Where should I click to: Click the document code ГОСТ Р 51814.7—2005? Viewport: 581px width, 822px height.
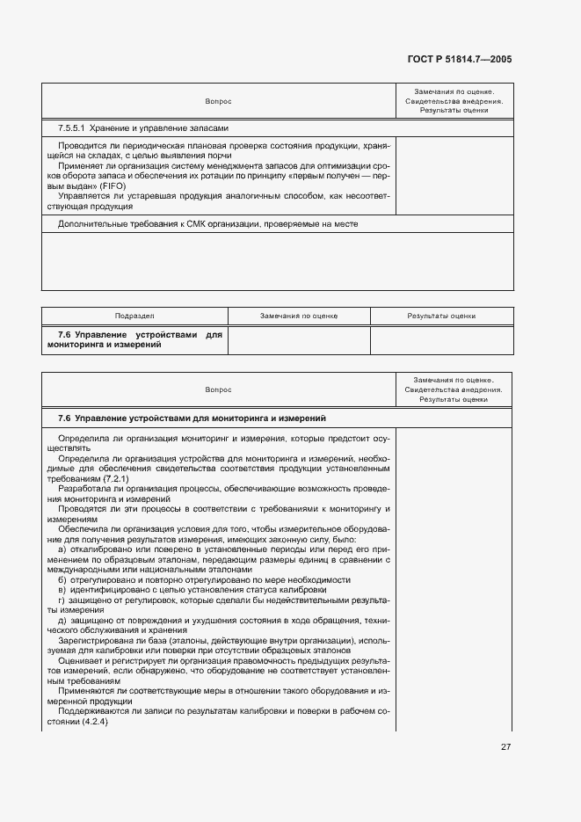(460, 60)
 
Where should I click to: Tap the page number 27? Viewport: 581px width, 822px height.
(505, 746)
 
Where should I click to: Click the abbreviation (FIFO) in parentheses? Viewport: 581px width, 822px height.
(113, 187)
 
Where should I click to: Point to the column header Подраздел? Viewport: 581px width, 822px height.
(134, 316)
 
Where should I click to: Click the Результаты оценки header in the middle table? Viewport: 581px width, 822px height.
(441, 316)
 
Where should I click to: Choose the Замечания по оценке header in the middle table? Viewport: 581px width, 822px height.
(299, 316)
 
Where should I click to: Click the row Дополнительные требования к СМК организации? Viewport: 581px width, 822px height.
(207, 223)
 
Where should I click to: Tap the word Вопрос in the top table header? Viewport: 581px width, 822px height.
(218, 101)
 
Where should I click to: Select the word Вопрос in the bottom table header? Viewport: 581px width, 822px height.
(218, 389)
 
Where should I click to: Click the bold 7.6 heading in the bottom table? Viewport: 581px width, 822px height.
(192, 418)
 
